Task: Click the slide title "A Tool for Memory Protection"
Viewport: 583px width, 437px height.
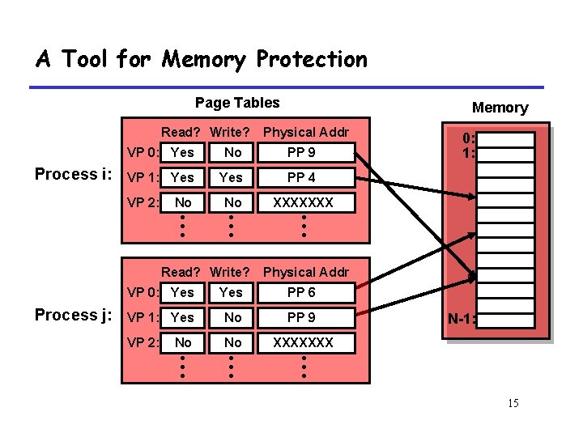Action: click(202, 60)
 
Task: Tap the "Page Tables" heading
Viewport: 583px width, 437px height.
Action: click(237, 102)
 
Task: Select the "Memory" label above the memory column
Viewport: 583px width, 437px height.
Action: click(500, 108)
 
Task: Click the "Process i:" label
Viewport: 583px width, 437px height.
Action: click(74, 174)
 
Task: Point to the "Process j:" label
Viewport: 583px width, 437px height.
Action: click(74, 315)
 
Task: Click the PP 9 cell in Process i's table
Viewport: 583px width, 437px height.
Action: click(301, 152)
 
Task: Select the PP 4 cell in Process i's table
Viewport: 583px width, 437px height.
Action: click(301, 177)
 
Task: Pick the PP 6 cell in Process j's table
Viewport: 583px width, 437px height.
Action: click(301, 292)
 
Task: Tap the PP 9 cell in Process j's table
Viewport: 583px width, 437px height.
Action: click(301, 318)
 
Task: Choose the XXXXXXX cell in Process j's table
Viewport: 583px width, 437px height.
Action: click(302, 342)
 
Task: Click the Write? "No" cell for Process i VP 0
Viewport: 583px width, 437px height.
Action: click(232, 152)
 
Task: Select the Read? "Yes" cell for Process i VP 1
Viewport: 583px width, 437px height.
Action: click(183, 177)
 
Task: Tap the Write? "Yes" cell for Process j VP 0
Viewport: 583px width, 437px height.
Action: click(231, 292)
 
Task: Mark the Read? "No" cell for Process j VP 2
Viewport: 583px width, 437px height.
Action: click(183, 342)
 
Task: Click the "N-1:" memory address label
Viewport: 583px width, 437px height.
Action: click(462, 319)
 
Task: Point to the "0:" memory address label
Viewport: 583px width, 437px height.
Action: click(468, 138)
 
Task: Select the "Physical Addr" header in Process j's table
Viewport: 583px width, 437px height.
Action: click(306, 272)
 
